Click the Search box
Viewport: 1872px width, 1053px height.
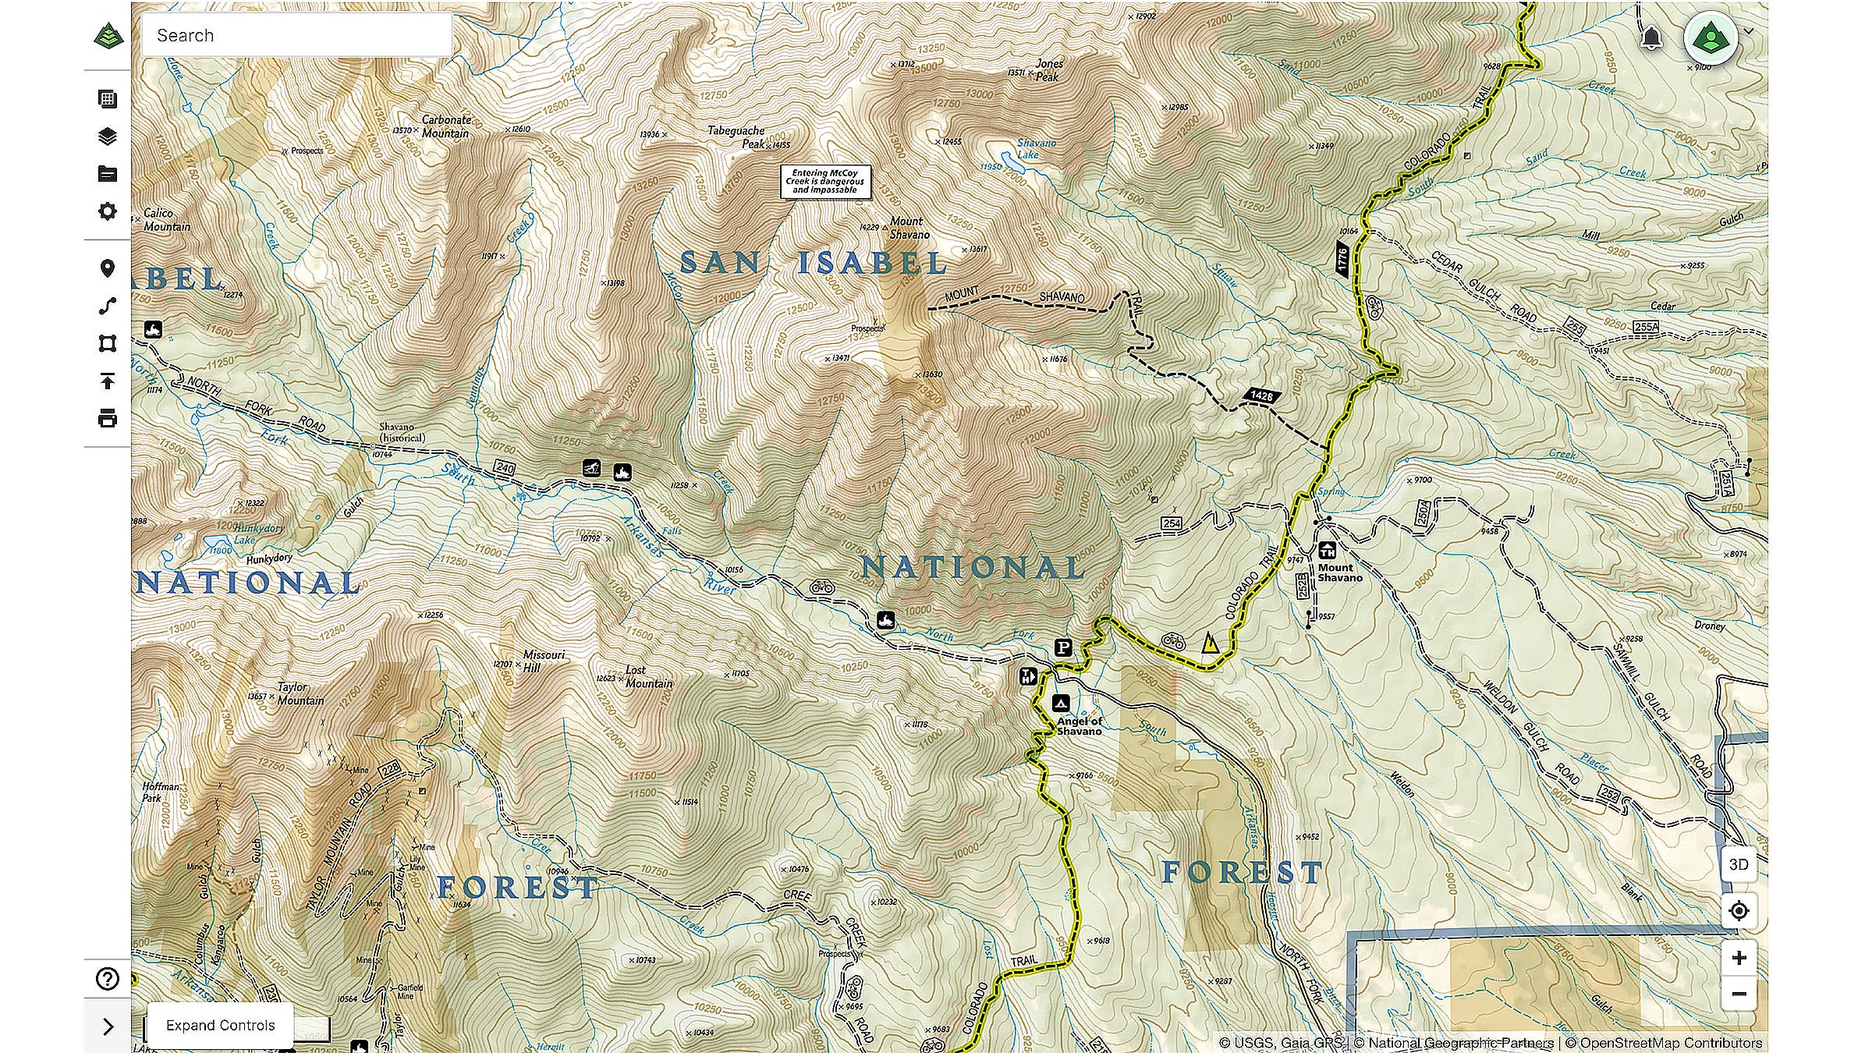click(x=296, y=35)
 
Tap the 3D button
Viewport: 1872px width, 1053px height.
click(x=1739, y=864)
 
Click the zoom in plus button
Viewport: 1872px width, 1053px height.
click(x=1739, y=958)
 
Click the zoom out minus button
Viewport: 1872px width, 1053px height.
click(x=1739, y=994)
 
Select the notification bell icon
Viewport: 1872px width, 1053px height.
click(x=1650, y=37)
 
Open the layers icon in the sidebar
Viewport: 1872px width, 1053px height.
click(x=108, y=136)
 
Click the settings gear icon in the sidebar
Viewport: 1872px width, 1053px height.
click(x=108, y=211)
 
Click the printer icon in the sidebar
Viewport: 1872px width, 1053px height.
click(x=108, y=418)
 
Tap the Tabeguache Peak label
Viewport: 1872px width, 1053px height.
click(x=737, y=137)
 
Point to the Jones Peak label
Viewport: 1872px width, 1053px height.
click(x=1048, y=70)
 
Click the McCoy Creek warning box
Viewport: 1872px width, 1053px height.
click(x=825, y=181)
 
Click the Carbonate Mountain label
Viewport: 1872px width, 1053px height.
click(x=446, y=126)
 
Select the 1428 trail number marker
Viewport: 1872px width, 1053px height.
click(x=1261, y=396)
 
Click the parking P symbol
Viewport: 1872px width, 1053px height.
click(x=1063, y=647)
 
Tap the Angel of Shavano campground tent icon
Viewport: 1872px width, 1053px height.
click(x=1060, y=703)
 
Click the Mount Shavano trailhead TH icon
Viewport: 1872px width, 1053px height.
click(x=1327, y=551)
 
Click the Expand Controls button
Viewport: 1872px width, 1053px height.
click(x=220, y=1025)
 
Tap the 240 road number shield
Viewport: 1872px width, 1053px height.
click(x=505, y=468)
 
